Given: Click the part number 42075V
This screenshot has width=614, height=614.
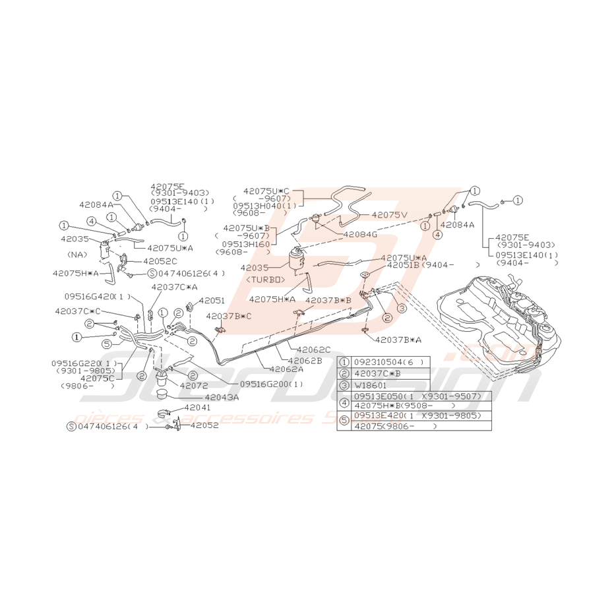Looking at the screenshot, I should click(x=390, y=214).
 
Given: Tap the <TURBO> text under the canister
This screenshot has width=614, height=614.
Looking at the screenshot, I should click(x=266, y=280).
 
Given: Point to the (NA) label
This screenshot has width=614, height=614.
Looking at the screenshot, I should click(x=77, y=253).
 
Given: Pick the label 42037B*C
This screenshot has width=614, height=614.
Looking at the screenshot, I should click(x=228, y=317).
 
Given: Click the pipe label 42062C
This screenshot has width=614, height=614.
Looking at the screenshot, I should click(x=313, y=349).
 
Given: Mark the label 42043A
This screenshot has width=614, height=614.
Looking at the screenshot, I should click(x=221, y=397).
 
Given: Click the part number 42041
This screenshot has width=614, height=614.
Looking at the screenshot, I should click(x=196, y=408).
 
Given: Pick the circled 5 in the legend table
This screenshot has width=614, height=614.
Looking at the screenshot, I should click(x=344, y=421).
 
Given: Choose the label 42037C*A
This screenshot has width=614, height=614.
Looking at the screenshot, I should click(x=175, y=287).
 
